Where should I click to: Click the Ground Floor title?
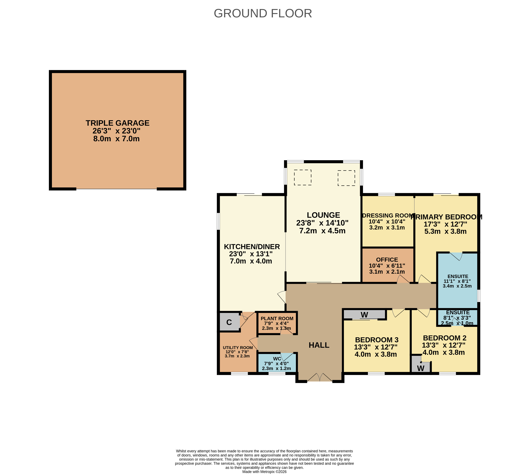[x=263, y=13]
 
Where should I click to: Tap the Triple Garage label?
[x=118, y=123]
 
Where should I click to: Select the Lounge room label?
[x=323, y=215]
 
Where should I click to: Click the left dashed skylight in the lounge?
[x=303, y=177]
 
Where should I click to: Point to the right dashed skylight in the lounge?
[x=346, y=178]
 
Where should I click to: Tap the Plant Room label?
[x=277, y=318]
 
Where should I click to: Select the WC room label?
[x=277, y=359]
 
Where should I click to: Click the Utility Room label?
[x=238, y=348]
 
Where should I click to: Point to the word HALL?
[x=319, y=345]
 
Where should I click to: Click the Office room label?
[x=387, y=260]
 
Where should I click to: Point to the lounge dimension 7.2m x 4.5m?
[x=322, y=231]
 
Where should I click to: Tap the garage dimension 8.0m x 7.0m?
[x=116, y=139]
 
